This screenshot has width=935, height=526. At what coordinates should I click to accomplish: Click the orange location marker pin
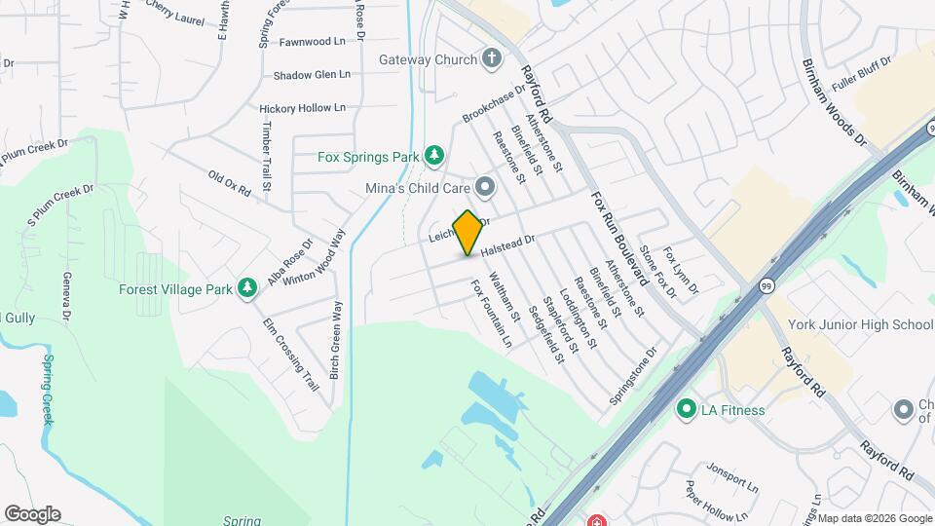coord(468,232)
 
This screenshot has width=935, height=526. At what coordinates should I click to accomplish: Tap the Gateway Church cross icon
coord(492,59)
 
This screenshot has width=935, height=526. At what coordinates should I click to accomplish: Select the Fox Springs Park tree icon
coord(433,156)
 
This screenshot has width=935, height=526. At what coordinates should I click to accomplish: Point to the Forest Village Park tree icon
coord(248,288)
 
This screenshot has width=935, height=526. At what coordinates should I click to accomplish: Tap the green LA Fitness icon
coord(687,410)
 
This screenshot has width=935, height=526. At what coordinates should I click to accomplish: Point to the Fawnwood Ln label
coord(313,42)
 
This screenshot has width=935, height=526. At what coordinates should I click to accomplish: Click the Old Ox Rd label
coord(230,183)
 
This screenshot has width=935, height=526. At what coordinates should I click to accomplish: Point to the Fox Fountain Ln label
coord(491,314)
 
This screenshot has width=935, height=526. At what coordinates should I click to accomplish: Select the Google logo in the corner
coord(32,513)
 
